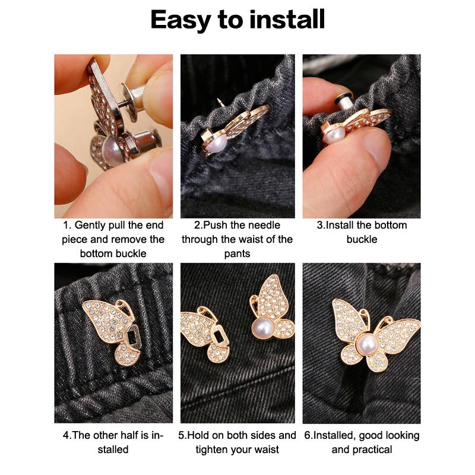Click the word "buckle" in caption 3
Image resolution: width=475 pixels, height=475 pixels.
coord(362,239)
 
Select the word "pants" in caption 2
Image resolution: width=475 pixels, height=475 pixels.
coord(237,254)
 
